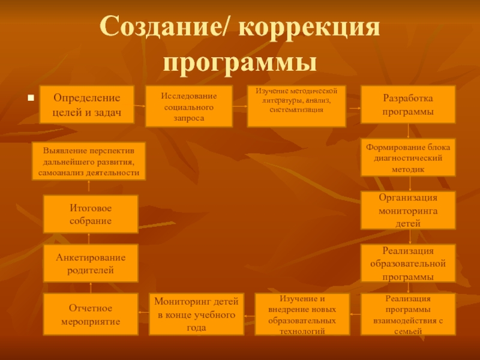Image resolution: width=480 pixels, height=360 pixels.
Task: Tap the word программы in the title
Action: pos(240,62)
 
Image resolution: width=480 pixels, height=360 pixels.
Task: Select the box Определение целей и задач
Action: pos(87,106)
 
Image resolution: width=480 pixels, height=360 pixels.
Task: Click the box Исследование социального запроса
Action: pos(190,107)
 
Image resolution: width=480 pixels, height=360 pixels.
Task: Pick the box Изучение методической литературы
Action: pos(297,106)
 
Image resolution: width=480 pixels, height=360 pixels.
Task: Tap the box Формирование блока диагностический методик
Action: pos(408,157)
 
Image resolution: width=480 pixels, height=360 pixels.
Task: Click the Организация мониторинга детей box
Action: pos(408,211)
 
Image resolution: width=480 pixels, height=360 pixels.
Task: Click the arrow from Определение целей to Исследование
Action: pos(140,106)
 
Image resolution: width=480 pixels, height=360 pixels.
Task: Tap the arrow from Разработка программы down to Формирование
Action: pos(408,131)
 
